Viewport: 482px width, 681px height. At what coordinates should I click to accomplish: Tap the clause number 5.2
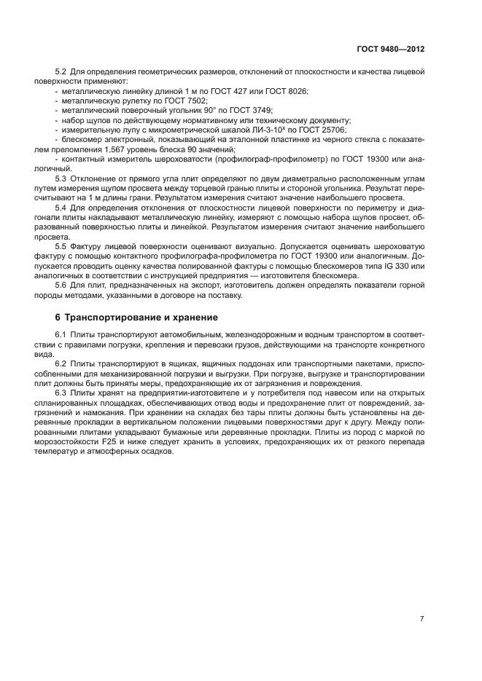click(61, 71)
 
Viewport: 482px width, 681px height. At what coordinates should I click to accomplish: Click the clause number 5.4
click(61, 208)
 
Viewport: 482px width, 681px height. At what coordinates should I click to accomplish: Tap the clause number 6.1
click(61, 334)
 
